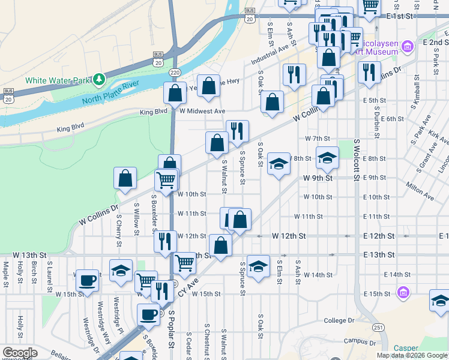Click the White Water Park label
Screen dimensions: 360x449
58,80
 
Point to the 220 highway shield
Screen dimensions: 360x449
174,72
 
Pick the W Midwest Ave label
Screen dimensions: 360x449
202,112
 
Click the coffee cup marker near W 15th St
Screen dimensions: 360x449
88,280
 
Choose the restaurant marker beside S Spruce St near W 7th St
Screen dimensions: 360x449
238,130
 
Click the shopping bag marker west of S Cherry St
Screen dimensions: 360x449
125,178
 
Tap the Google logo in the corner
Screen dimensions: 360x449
20,353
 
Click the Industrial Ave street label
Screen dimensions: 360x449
271,58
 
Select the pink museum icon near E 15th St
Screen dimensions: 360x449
403,293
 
